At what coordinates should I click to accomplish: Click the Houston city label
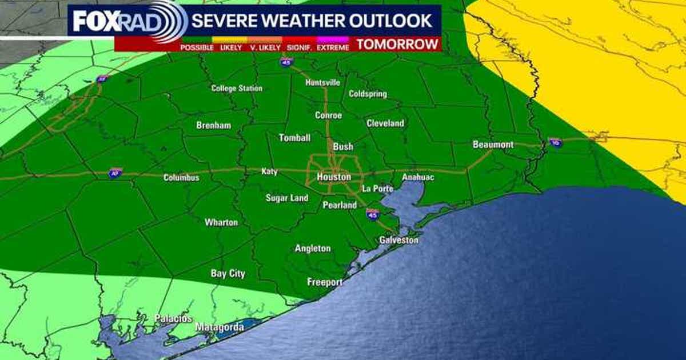(x=334, y=177)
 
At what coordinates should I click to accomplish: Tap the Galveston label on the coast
(x=398, y=241)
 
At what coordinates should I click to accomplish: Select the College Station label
(x=237, y=89)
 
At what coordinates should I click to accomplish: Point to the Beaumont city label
(x=493, y=145)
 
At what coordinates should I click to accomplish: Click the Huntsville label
(x=322, y=82)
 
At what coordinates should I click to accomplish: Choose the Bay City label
(x=228, y=274)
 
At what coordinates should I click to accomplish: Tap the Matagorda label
(x=220, y=327)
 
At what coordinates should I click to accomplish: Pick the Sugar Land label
(x=286, y=198)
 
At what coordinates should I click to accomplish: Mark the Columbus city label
(x=181, y=178)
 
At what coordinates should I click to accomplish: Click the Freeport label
(x=325, y=282)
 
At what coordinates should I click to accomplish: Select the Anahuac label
(x=418, y=178)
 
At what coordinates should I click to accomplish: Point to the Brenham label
(x=213, y=125)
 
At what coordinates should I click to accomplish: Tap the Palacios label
(x=173, y=318)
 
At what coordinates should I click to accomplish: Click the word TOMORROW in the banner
(x=398, y=45)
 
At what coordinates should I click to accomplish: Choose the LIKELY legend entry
(x=231, y=48)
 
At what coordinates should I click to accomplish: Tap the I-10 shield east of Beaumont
(x=555, y=142)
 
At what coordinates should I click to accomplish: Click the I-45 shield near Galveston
(x=372, y=214)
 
